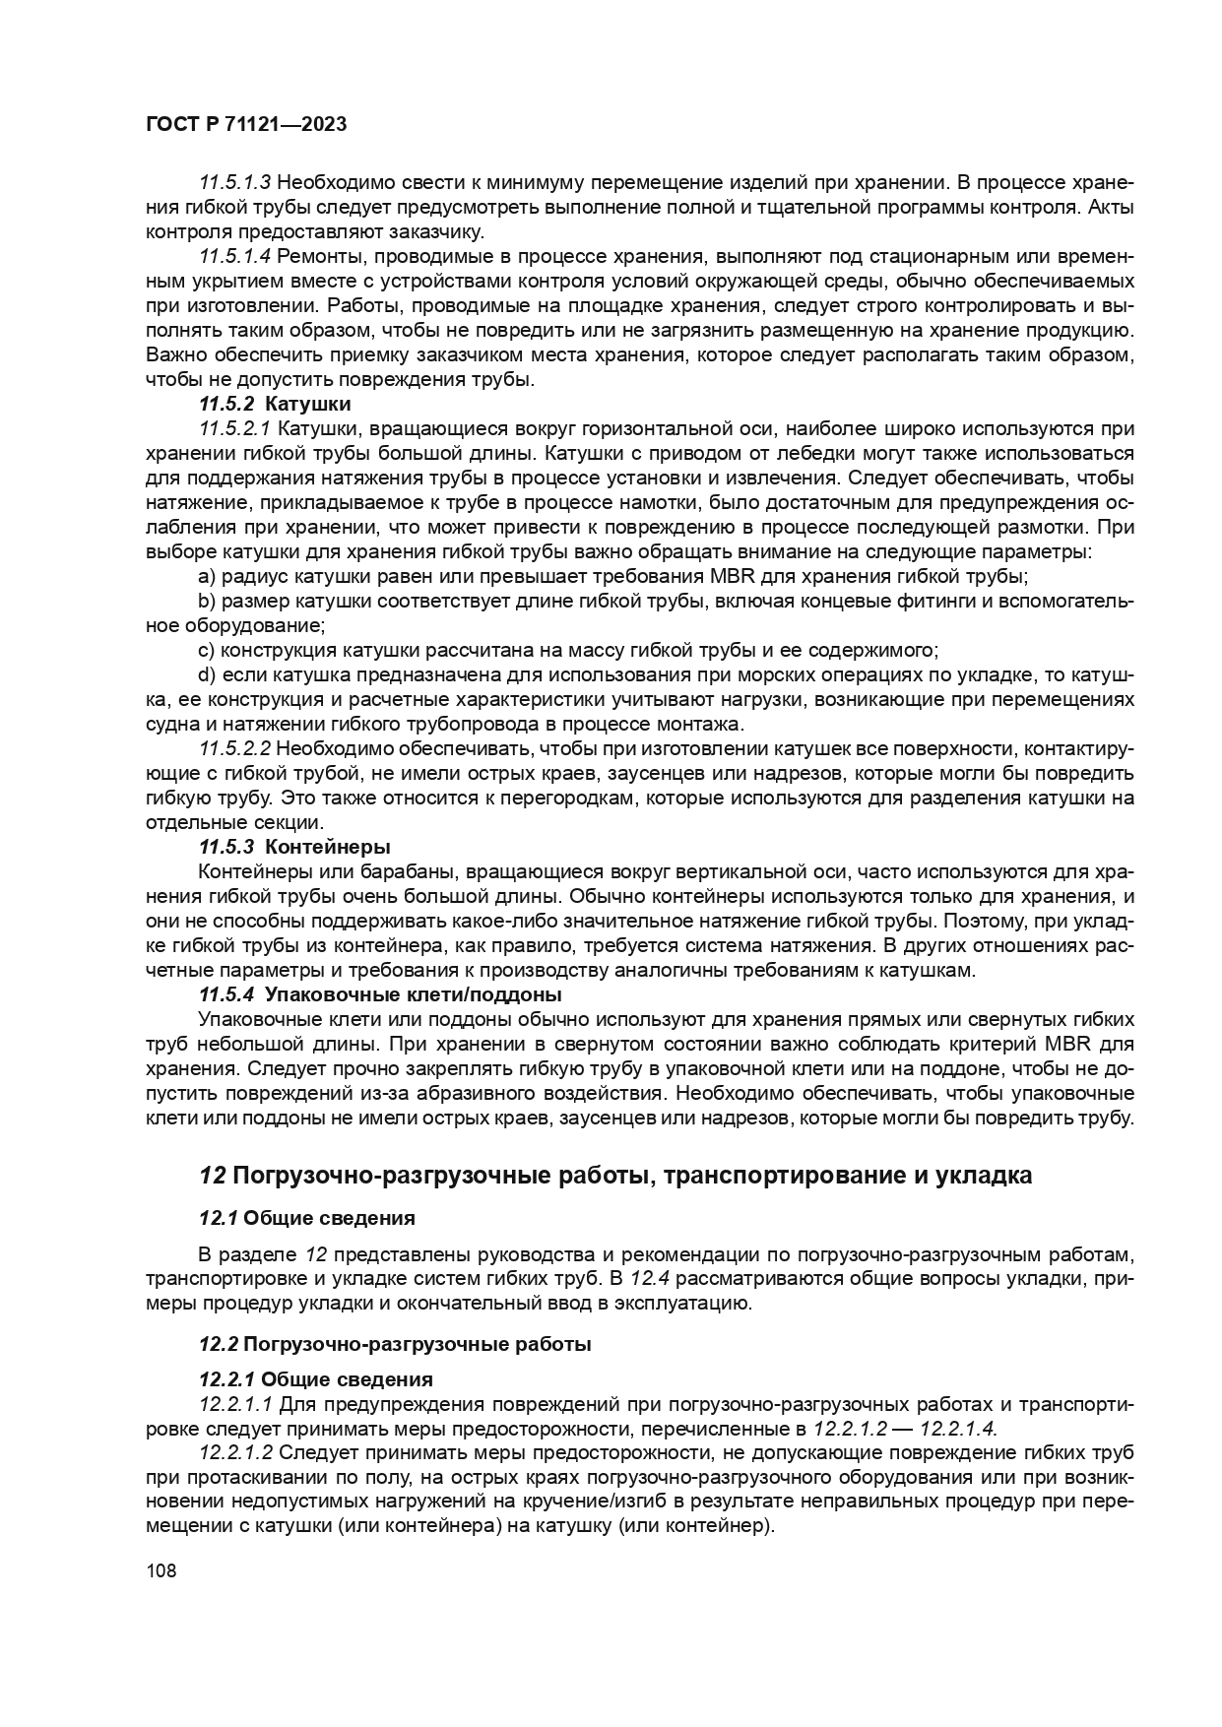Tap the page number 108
(x=161, y=1570)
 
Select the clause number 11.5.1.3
(x=234, y=183)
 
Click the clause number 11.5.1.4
(x=234, y=257)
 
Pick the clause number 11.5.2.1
(x=234, y=429)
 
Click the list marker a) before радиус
(x=207, y=577)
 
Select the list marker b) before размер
(x=207, y=602)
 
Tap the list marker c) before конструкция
(x=207, y=651)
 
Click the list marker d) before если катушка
(x=207, y=675)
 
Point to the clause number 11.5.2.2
(x=234, y=749)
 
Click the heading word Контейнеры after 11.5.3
(x=328, y=848)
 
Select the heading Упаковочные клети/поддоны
(x=414, y=995)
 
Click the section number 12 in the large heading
(x=213, y=1176)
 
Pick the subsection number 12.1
(x=218, y=1219)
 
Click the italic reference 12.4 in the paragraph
(x=649, y=1279)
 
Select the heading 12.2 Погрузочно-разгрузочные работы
(x=395, y=1344)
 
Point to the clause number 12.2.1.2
(x=234, y=1453)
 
